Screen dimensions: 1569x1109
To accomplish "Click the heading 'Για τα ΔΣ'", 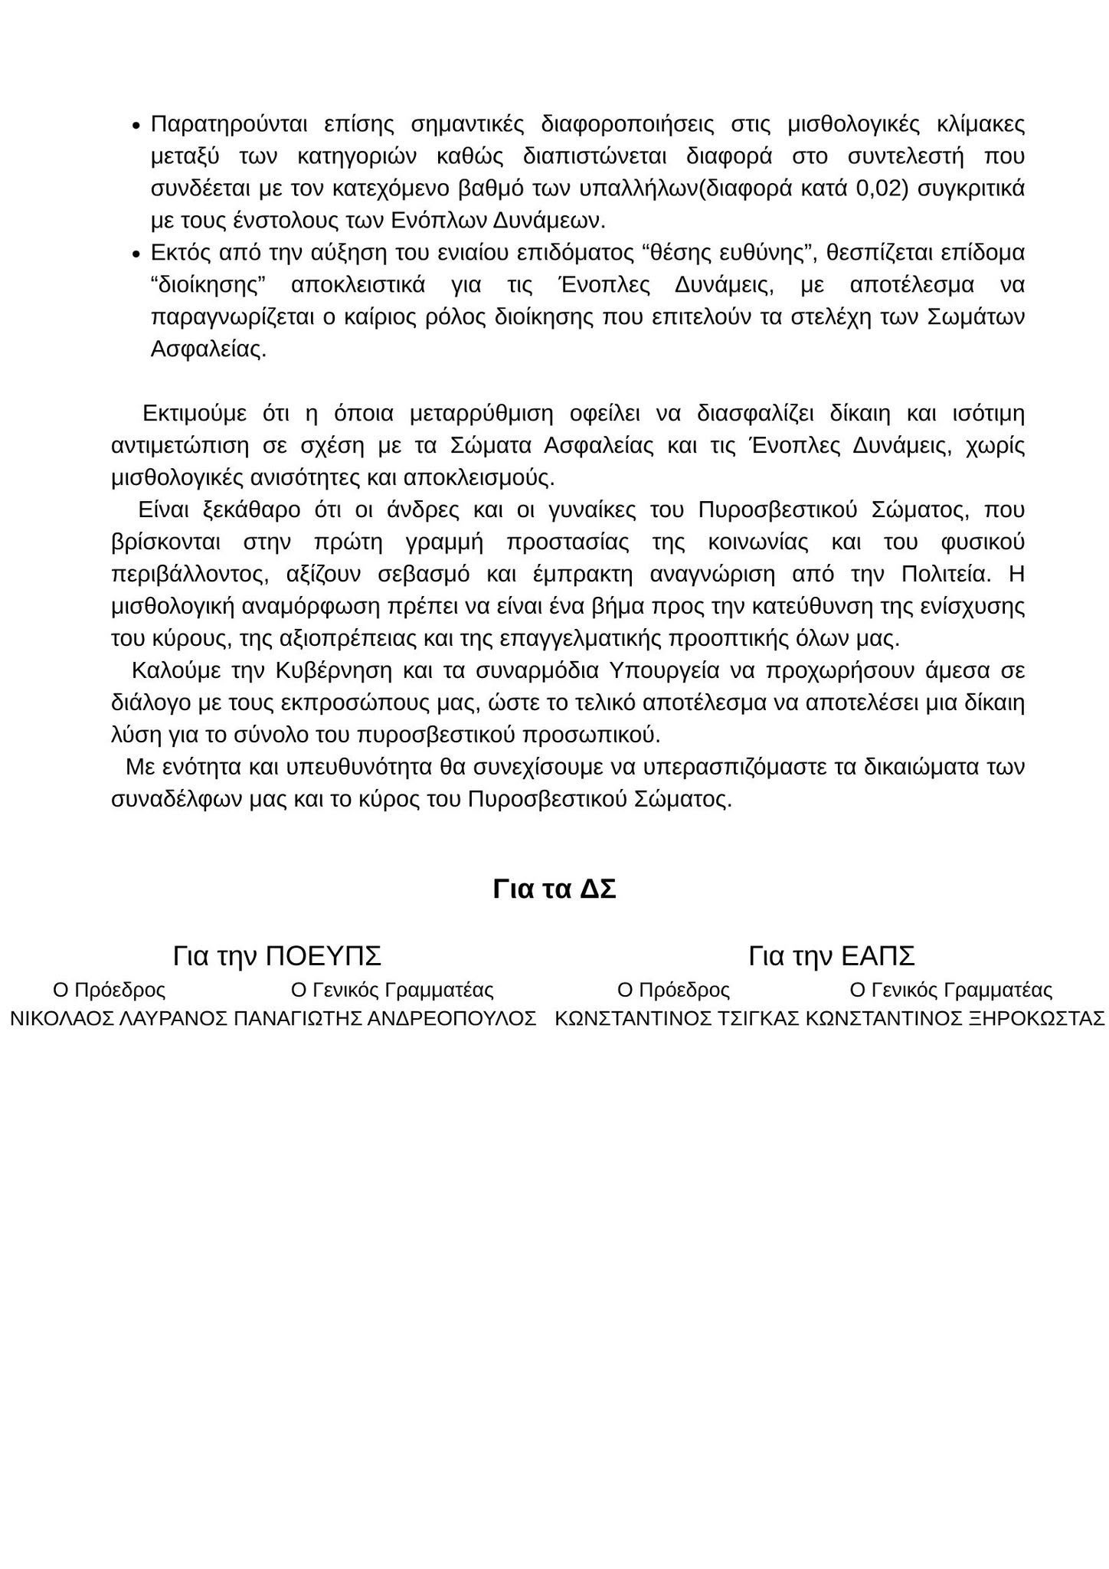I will pyautogui.click(x=554, y=889).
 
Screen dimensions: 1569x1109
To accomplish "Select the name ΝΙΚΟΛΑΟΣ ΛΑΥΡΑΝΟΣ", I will pyautogui.click(x=119, y=1019).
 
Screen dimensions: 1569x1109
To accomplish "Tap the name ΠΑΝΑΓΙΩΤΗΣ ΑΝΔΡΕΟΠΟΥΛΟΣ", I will pyautogui.click(x=384, y=1019).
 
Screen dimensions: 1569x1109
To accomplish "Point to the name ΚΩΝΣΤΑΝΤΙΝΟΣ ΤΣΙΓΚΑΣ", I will pyautogui.click(x=677, y=1019).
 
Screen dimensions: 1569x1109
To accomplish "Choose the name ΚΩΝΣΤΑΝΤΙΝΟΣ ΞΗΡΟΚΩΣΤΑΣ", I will pyautogui.click(x=955, y=1019).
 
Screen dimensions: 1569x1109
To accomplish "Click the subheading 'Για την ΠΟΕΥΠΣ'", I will pyautogui.click(x=276, y=956).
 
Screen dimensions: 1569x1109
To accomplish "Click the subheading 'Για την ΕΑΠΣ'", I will pyautogui.click(x=832, y=956).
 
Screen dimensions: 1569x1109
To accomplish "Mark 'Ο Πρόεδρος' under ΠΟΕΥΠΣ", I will pyautogui.click(x=109, y=990).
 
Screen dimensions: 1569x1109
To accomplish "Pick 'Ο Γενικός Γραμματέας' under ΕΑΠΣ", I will pyautogui.click(x=950, y=990).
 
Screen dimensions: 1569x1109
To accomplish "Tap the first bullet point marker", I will pyautogui.click(x=136, y=126).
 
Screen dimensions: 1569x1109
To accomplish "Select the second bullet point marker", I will pyautogui.click(x=136, y=254).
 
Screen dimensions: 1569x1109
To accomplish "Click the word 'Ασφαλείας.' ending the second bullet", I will pyautogui.click(x=208, y=349).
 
